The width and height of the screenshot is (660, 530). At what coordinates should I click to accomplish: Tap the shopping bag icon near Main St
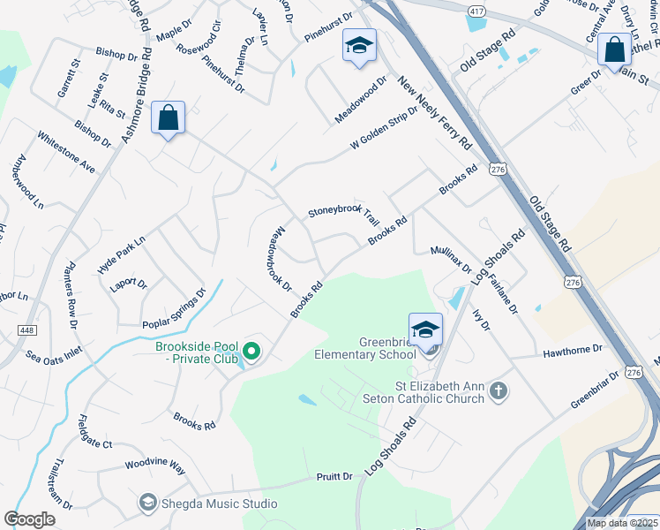coord(613,50)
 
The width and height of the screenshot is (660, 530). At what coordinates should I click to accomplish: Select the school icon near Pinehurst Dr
coord(359,46)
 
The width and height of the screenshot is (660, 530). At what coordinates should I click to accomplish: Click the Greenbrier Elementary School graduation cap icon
coord(425,330)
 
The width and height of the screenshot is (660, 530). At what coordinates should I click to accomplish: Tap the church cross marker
coord(499,390)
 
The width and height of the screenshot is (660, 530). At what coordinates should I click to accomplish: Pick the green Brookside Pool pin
coord(251,352)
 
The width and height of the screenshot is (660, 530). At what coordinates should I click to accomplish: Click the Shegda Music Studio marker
coord(147,503)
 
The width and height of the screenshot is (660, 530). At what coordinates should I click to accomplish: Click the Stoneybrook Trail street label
coord(343,214)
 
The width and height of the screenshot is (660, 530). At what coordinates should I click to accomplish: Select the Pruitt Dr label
coord(334,477)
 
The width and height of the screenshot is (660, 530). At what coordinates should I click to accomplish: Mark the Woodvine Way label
coord(154,466)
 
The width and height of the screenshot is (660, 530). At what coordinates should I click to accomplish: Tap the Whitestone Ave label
coord(66,152)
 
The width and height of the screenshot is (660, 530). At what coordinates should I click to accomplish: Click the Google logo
coord(30,519)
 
